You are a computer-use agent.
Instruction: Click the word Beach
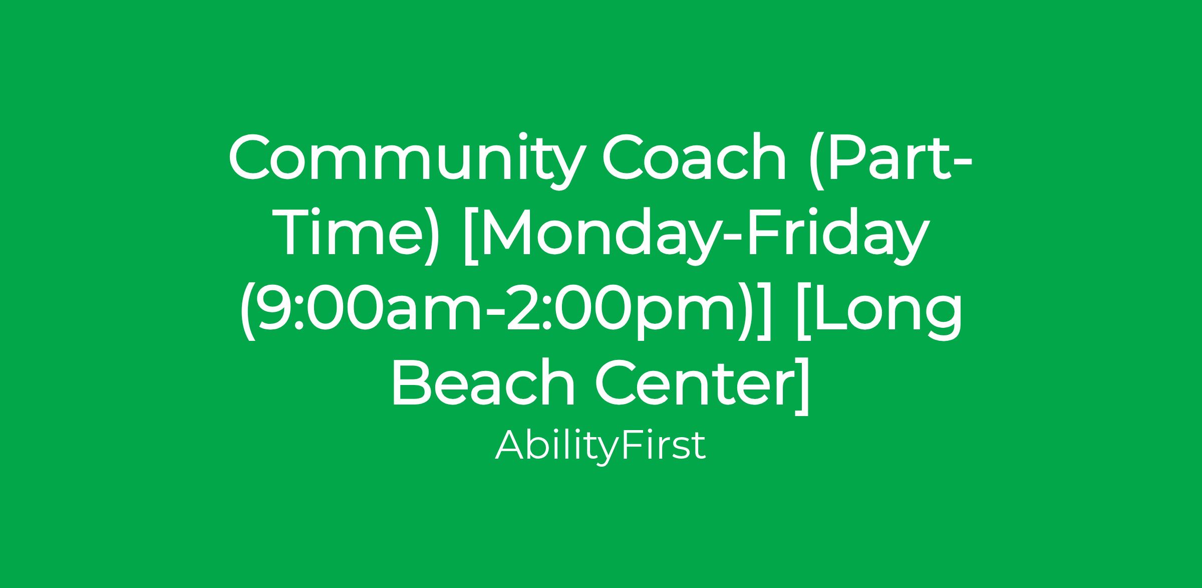click(483, 383)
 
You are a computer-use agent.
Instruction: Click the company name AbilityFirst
click(600, 445)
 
